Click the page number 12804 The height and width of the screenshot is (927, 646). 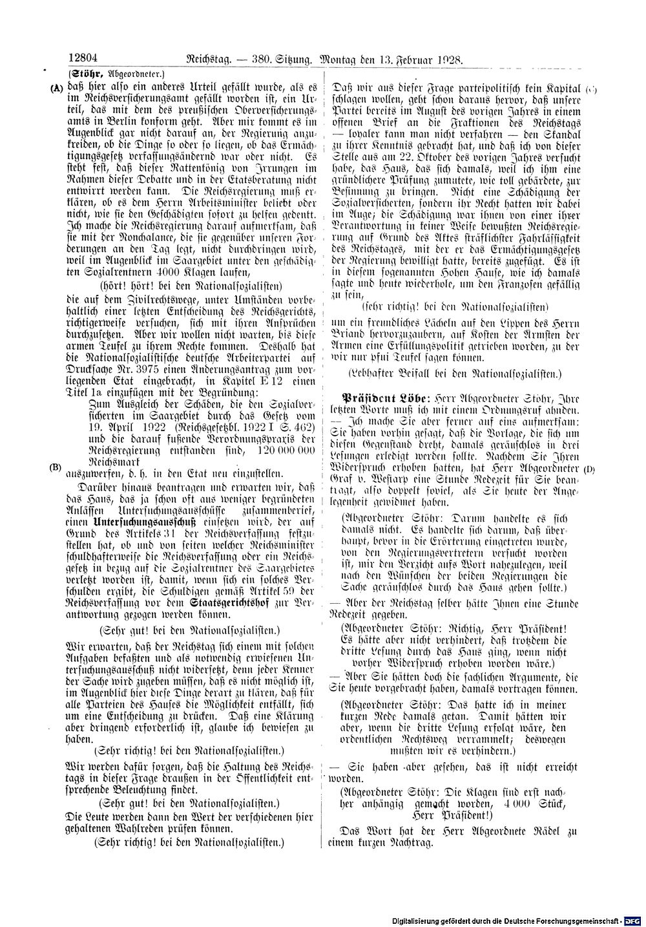pyautogui.click(x=83, y=59)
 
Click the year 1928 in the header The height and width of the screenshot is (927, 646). pyautogui.click(x=449, y=59)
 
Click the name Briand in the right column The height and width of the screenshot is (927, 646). pyautogui.click(x=349, y=335)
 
